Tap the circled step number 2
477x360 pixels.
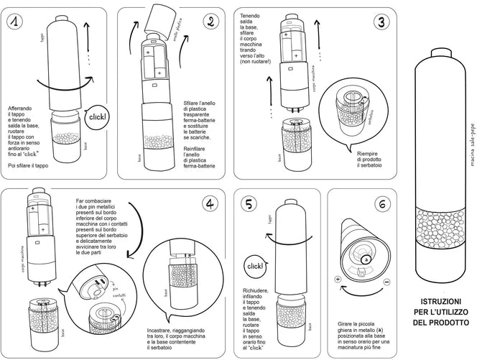210,22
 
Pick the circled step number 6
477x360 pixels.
383,203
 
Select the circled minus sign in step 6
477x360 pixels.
387,282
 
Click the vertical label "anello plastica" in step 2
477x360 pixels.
177,32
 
